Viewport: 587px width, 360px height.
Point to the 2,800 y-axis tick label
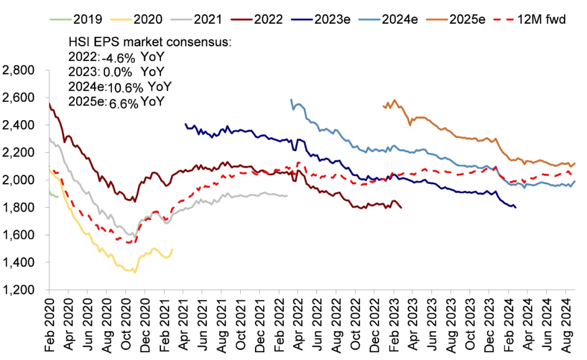pos(18,71)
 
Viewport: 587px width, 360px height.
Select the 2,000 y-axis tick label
pos(18,180)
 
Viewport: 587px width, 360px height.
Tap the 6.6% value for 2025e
pos(123,101)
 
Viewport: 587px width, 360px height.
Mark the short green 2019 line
pos(53,195)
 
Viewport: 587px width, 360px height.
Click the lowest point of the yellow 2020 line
pos(134,272)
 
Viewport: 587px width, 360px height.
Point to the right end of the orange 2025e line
pos(575,163)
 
